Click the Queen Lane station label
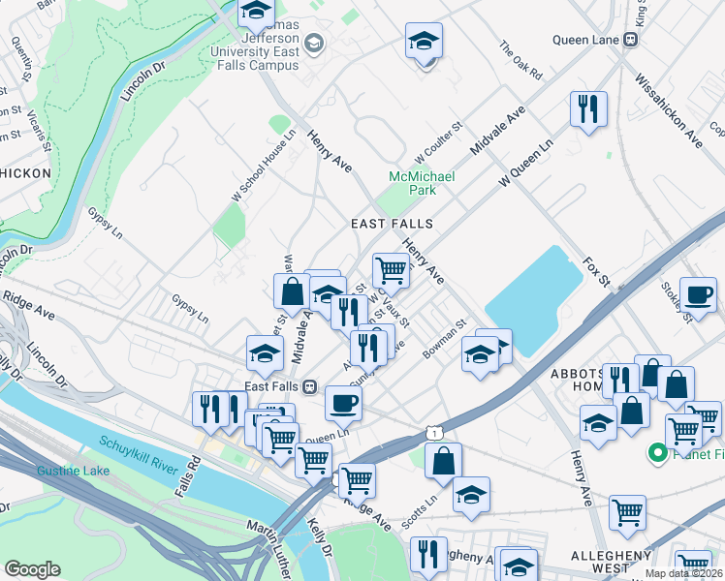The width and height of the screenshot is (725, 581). [587, 40]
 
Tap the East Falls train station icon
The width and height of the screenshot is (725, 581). [309, 385]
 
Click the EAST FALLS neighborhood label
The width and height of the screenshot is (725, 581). [392, 224]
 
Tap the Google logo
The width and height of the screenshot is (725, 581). [32, 569]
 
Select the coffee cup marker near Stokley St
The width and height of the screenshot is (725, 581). [698, 295]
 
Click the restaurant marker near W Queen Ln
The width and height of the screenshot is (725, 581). [587, 108]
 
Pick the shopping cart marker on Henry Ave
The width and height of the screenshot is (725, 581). [391, 269]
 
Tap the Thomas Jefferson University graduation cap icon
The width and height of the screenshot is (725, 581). [313, 43]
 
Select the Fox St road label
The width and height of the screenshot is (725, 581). [595, 272]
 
